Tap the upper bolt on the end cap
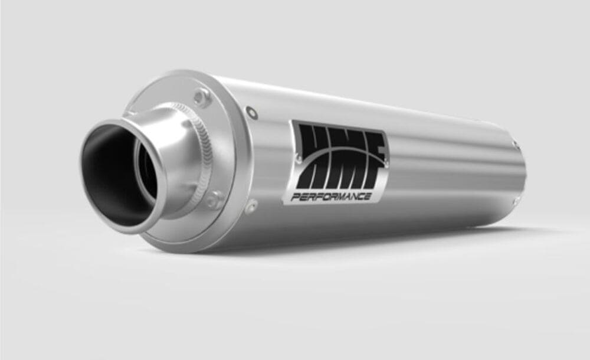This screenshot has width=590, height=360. point(202,97)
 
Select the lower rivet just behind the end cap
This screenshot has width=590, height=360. point(251,205)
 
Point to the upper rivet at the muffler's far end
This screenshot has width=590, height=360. point(516,144)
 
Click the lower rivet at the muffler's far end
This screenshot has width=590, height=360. point(517,201)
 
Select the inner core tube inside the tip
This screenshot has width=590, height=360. point(147,171)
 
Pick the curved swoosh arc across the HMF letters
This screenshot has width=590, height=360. point(342,148)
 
